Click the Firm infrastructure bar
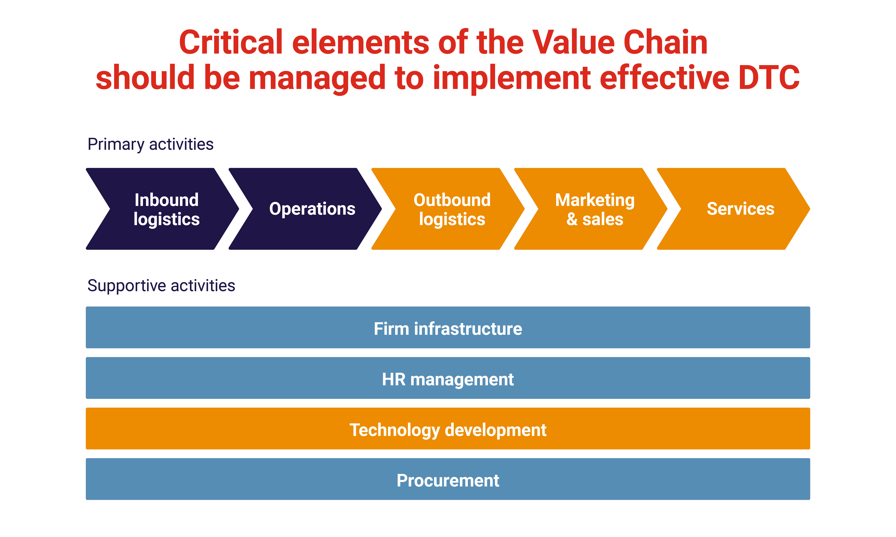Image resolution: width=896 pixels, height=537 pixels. pos(448,327)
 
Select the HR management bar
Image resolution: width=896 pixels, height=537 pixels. pos(448,378)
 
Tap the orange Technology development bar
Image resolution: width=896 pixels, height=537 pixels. pos(448,429)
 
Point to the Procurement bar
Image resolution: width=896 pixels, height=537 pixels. pos(448,479)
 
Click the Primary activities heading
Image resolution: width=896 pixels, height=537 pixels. pos(150,144)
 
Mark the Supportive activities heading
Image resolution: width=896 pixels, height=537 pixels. pos(161,285)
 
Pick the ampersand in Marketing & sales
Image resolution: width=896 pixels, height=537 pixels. pos(572,219)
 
